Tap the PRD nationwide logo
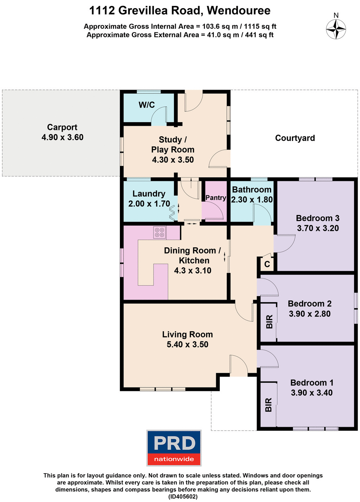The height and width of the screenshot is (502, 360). [x=174, y=448]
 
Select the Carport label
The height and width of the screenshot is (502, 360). [x=62, y=127]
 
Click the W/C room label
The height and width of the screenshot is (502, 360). [x=147, y=105]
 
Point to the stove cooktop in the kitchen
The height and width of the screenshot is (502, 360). [x=160, y=233]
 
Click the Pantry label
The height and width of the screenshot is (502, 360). [x=216, y=198]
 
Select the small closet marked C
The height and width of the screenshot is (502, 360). [x=267, y=264]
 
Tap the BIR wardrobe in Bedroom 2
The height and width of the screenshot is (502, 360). [x=269, y=321]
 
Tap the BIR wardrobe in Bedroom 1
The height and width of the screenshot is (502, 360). [x=268, y=405]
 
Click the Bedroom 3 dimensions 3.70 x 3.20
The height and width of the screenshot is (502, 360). [x=318, y=228]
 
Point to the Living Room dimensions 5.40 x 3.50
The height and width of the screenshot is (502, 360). [x=187, y=345]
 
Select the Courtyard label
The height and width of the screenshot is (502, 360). [x=295, y=138]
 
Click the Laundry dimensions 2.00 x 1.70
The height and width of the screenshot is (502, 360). [x=149, y=204]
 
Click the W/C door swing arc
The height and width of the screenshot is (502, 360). [x=159, y=115]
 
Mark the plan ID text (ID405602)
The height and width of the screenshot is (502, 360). [x=183, y=497]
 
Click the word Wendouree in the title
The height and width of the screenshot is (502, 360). [x=239, y=11]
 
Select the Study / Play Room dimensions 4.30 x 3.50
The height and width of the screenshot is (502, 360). [x=173, y=160]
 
